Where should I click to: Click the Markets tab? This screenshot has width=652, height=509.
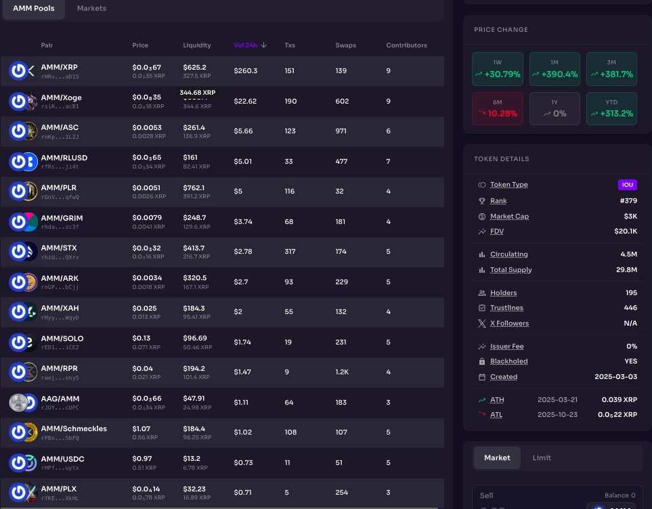(91, 8)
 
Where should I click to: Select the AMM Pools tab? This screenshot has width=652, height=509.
(33, 8)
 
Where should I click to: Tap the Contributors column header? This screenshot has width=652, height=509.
(406, 45)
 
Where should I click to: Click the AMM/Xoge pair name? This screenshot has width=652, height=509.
(61, 97)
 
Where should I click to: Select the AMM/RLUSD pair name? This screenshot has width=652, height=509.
(64, 158)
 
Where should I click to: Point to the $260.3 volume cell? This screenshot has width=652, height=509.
(245, 70)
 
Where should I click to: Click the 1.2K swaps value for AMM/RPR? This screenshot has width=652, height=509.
(343, 372)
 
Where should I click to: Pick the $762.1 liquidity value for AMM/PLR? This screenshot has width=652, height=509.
(194, 187)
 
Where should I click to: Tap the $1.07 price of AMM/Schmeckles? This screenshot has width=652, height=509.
(141, 428)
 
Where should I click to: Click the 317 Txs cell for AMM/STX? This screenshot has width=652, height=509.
(290, 251)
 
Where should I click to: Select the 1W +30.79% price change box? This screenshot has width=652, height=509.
(497, 69)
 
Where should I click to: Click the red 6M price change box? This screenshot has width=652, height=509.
(497, 108)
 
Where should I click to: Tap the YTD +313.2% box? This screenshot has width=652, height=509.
(611, 108)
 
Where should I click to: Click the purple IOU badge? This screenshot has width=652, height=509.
(628, 185)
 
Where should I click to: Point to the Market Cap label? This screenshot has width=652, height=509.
(509, 217)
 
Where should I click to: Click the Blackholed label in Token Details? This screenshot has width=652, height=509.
(508, 361)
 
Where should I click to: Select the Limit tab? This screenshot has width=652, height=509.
(542, 458)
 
